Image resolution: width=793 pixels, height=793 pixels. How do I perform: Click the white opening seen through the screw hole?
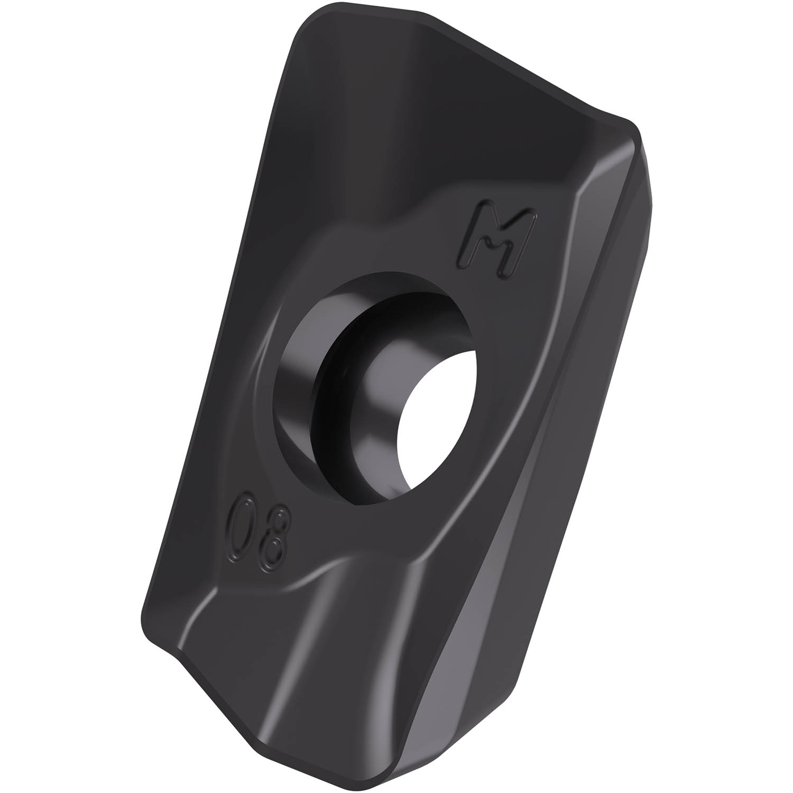(437, 423)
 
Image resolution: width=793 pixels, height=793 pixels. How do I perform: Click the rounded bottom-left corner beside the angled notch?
(151, 624)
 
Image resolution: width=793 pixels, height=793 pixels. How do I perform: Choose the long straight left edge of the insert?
(211, 344)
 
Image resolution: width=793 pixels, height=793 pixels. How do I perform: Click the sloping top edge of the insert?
(502, 63)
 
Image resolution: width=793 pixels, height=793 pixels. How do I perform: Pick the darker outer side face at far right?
(624, 317)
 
